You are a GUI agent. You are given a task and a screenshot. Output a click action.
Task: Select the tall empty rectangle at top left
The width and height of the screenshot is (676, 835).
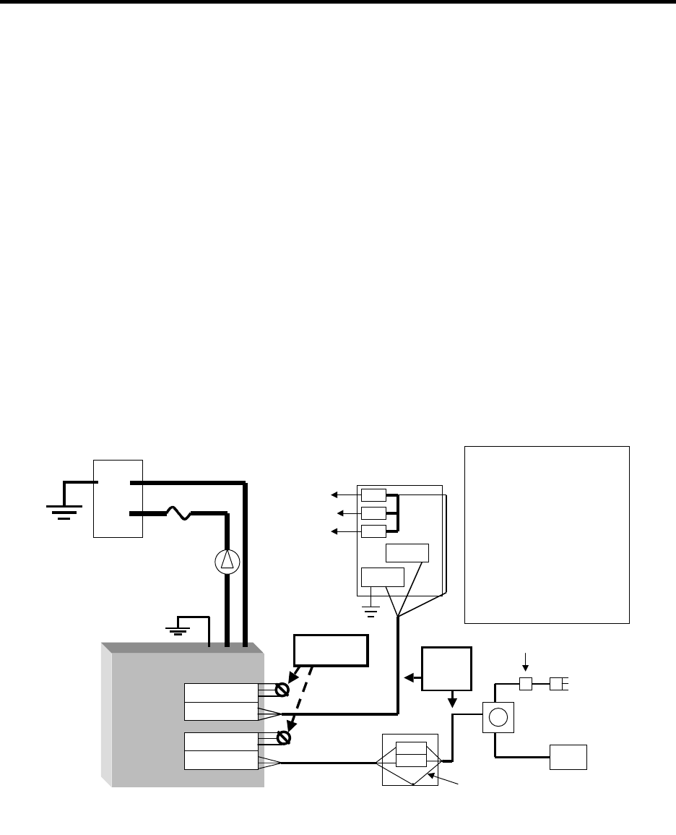click(118, 498)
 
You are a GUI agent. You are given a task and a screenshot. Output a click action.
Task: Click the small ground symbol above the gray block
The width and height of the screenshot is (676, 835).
click(178, 629)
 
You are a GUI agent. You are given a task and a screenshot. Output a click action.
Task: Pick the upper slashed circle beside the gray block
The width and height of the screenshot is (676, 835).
click(283, 690)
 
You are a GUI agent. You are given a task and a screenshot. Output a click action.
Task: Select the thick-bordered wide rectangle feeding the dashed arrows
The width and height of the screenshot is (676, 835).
click(331, 651)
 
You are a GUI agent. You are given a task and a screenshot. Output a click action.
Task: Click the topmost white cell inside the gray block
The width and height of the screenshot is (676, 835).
click(221, 692)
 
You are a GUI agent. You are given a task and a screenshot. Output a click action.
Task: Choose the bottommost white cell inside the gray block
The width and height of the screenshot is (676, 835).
click(221, 760)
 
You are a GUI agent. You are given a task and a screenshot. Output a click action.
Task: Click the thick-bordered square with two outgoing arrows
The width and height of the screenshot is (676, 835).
click(448, 669)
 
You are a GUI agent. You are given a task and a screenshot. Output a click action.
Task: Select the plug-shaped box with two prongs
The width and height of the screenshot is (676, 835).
click(560, 683)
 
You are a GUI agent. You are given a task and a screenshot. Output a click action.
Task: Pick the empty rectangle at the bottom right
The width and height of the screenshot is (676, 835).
click(568, 756)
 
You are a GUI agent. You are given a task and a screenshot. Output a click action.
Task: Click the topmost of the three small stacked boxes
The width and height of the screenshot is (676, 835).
click(373, 495)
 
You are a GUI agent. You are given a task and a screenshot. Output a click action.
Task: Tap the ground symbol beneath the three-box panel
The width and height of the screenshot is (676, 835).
click(370, 612)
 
